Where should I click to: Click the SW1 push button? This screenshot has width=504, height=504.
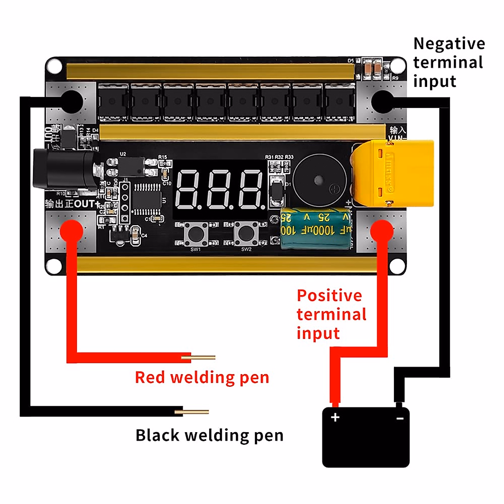(196, 234)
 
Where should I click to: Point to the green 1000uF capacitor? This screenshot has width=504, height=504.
(316, 229)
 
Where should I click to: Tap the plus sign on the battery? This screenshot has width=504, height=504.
(335, 417)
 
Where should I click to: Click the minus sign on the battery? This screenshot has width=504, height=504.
(400, 418)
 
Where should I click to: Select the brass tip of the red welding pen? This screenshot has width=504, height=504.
(203, 358)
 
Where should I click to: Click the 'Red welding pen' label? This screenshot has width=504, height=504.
(202, 378)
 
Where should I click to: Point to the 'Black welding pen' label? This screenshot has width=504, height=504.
(209, 436)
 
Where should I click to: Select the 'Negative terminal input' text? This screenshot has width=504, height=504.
(449, 62)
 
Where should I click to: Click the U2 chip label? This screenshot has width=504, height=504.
(123, 154)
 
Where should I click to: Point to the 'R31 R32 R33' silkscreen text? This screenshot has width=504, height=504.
(279, 157)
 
